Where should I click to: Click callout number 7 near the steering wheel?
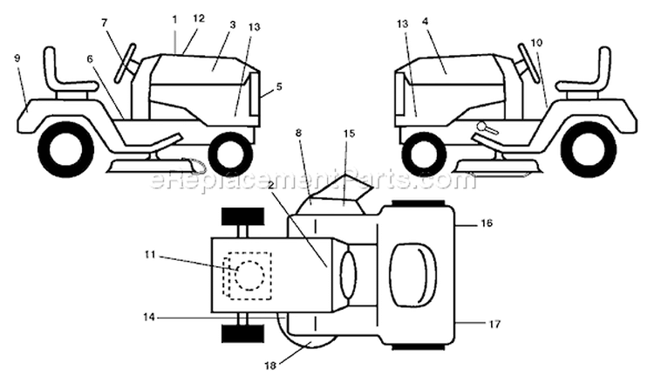pyautogui.click(x=105, y=23)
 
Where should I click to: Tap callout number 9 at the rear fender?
pyautogui.click(x=17, y=58)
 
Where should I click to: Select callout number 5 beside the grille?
pyautogui.click(x=279, y=86)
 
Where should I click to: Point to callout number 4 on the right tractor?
pyautogui.click(x=425, y=21)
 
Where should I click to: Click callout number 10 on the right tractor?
pyautogui.click(x=536, y=42)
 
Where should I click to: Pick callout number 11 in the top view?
pyautogui.click(x=150, y=254)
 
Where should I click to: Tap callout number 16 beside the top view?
pyautogui.click(x=487, y=223)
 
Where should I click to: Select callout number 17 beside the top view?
pyautogui.click(x=494, y=324)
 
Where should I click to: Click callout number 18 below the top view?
pyautogui.click(x=269, y=366)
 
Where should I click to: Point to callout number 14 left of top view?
pyautogui.click(x=149, y=317)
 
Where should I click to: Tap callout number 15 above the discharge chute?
pyautogui.click(x=349, y=134)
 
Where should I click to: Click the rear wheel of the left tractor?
pyautogui.click(x=66, y=149)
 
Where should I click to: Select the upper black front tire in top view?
pyautogui.click(x=242, y=216)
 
